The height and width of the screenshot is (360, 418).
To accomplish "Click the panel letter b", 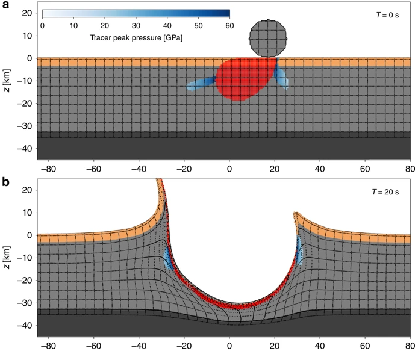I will point(5,181).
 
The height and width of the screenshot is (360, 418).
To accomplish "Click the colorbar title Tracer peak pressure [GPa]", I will point(136,38).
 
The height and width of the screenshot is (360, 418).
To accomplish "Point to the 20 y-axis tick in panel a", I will point(27,13).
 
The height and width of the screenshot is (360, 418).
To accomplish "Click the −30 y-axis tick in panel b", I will point(24,303).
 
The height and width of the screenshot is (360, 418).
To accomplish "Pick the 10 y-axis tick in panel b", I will point(27,213).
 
